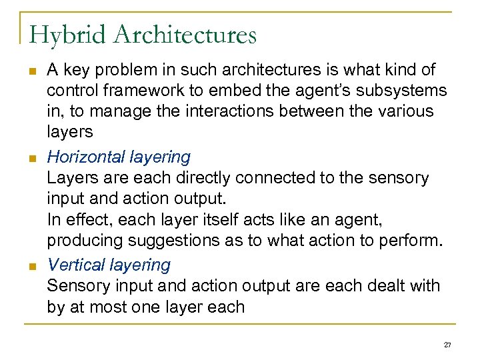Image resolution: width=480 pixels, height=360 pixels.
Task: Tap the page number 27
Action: [447, 344]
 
